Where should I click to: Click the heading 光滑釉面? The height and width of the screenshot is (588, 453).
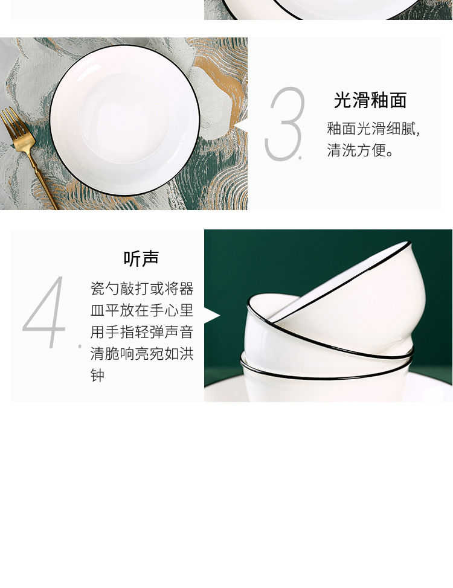tap(370, 100)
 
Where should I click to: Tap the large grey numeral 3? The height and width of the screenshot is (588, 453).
tap(284, 124)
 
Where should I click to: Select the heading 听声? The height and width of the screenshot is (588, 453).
tap(141, 258)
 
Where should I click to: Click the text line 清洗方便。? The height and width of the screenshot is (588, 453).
tap(360, 150)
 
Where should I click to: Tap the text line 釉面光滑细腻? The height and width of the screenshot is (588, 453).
tap(373, 129)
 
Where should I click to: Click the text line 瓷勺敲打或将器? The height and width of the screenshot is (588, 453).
tap(142, 289)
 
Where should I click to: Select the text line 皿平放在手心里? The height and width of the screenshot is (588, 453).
tap(142, 310)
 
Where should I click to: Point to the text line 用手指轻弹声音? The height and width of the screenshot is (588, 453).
tap(142, 332)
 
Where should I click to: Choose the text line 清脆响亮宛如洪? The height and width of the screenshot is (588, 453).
tap(142, 353)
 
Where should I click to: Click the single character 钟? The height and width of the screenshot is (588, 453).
tap(97, 375)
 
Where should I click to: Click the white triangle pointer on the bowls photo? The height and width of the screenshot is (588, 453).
tap(212, 316)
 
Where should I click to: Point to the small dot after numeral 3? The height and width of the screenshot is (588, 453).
tap(300, 158)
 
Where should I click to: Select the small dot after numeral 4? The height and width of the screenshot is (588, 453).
tap(80, 346)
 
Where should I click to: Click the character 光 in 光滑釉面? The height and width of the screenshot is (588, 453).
tap(342, 100)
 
